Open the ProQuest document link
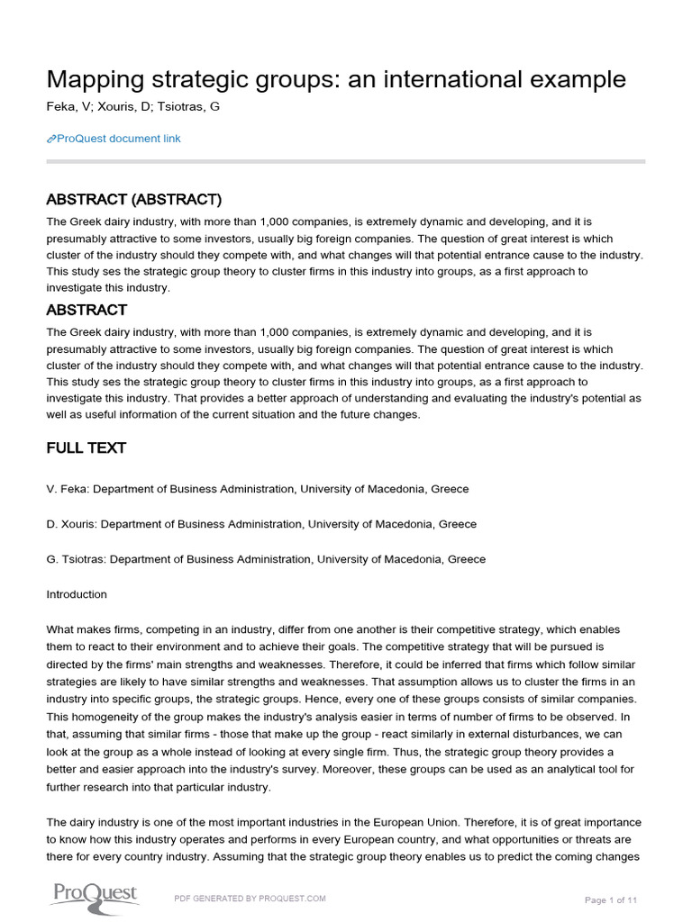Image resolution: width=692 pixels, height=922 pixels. click(x=118, y=139)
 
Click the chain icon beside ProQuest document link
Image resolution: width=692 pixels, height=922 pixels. click(x=50, y=139)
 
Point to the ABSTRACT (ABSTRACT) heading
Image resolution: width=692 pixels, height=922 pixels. click(x=133, y=199)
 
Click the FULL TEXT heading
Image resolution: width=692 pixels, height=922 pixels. click(x=86, y=447)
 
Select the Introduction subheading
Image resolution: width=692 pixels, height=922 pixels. click(x=77, y=594)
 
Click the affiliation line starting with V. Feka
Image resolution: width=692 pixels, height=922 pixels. click(x=257, y=489)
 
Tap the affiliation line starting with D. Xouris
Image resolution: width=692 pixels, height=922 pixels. click(x=261, y=524)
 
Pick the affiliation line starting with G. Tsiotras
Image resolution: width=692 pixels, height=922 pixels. click(x=266, y=559)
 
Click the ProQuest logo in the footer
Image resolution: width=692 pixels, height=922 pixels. click(x=93, y=894)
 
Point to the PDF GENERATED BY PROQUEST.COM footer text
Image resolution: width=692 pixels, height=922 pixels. click(x=250, y=899)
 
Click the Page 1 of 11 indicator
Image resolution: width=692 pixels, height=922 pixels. click(x=611, y=899)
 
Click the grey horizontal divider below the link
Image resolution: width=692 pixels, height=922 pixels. click(x=346, y=161)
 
